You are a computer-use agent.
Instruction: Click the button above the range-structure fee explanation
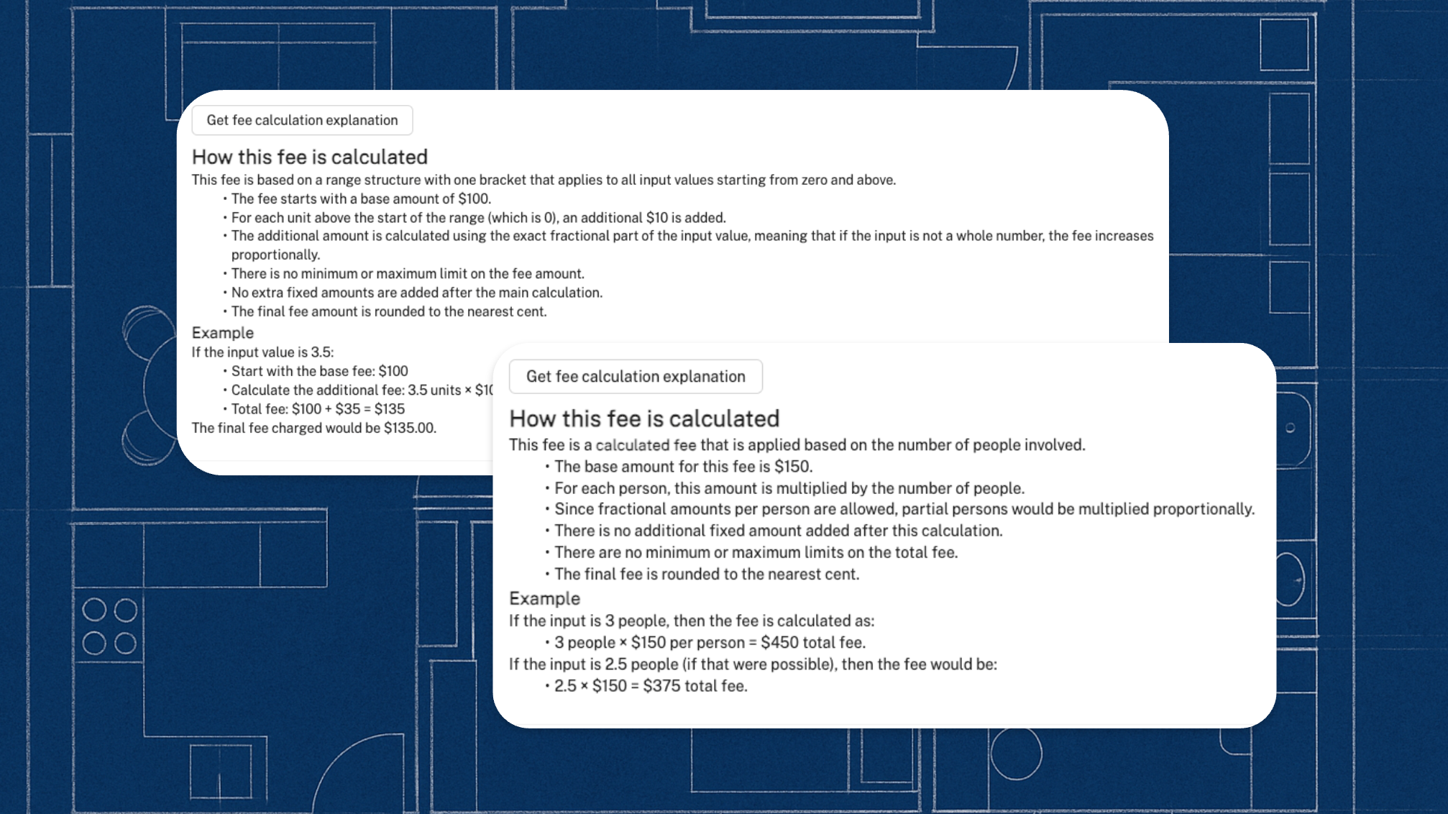[x=302, y=120]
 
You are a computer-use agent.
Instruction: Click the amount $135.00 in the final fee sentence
[x=409, y=428]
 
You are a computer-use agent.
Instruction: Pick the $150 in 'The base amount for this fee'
[x=792, y=467]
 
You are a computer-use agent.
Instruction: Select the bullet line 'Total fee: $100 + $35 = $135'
[x=318, y=409]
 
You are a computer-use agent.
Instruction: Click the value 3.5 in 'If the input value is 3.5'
[x=321, y=352]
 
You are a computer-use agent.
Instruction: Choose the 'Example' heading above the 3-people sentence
[x=544, y=598]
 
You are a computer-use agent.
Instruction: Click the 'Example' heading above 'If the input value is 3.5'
[x=223, y=333]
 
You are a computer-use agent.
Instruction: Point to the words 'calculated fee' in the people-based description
[x=646, y=445]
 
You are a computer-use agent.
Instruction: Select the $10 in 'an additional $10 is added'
[x=657, y=218]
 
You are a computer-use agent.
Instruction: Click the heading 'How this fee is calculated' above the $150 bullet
[x=644, y=419]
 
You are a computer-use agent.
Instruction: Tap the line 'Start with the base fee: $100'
[x=319, y=371]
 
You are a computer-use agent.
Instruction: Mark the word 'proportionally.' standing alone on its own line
[x=275, y=255]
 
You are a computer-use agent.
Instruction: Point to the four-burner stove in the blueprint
[x=109, y=626]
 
